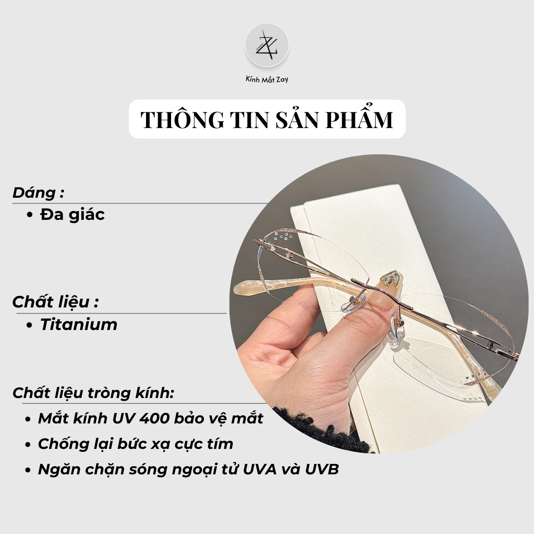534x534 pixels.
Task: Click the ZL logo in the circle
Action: point(267,45)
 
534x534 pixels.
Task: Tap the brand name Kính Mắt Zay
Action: point(267,80)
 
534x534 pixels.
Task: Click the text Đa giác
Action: point(73,215)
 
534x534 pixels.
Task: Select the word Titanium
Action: point(79,324)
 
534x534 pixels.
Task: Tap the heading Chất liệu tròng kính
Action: point(93,393)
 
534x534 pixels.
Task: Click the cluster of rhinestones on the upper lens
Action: point(284,237)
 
